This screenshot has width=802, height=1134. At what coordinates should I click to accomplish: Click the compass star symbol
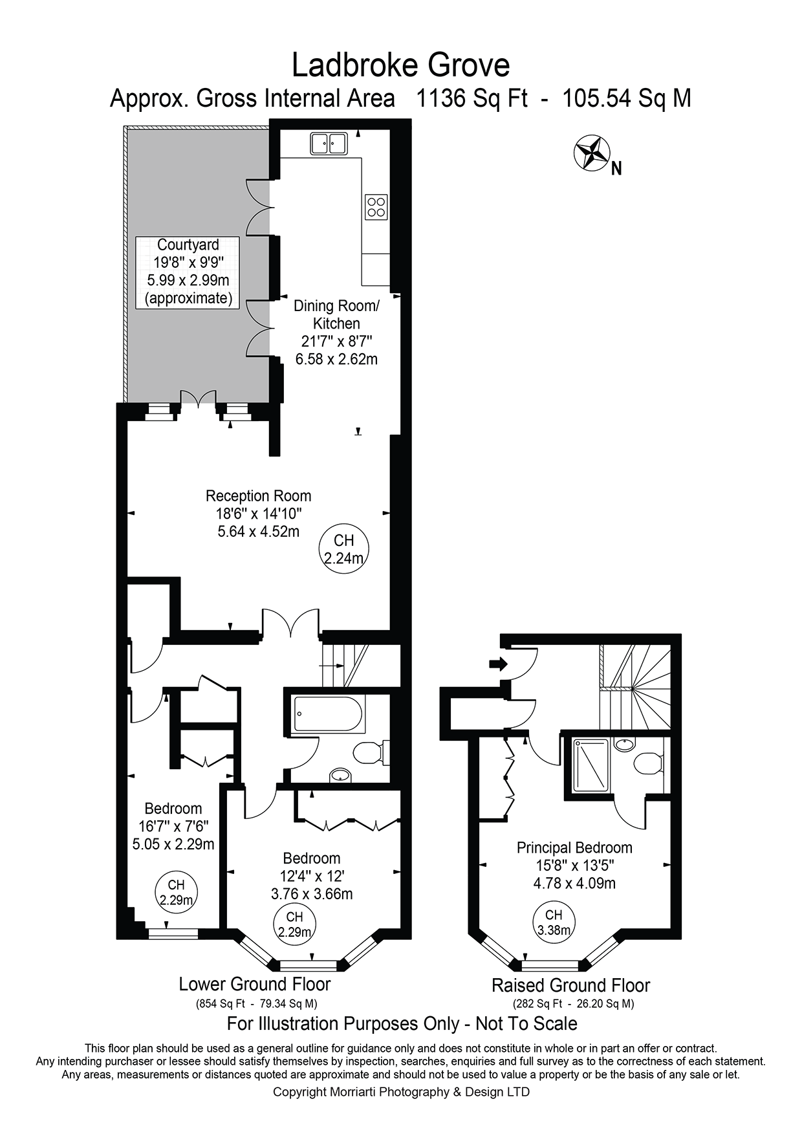coord(592,153)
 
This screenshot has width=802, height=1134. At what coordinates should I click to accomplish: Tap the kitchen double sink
coord(329,144)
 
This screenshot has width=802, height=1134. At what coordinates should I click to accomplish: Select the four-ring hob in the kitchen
coord(376,206)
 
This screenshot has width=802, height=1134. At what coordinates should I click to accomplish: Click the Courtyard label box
coord(188,272)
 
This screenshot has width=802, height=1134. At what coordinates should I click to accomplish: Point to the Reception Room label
coord(258,496)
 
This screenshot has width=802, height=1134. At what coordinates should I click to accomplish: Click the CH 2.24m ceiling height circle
coord(343,549)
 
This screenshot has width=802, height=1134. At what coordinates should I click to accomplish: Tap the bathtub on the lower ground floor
coord(329,714)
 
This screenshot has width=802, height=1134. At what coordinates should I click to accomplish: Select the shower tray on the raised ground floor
coord(591,765)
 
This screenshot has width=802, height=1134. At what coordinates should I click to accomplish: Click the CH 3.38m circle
coord(554,922)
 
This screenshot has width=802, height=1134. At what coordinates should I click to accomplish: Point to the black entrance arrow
coord(499,664)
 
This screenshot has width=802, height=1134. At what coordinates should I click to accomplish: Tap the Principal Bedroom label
coord(574,847)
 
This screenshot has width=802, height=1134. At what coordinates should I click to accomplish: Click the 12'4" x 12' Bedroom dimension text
coord(312,877)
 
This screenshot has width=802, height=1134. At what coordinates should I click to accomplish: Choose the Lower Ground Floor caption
coord(255,985)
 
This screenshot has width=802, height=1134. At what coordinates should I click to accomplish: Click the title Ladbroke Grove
coord(401,65)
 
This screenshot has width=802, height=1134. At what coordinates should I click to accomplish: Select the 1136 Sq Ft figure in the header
coord(471,99)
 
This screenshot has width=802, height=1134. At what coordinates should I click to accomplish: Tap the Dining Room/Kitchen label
coord(336,314)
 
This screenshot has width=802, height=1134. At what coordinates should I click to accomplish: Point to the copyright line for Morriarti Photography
coord(401,1092)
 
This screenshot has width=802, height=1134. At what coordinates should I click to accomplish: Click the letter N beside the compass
coord(616,169)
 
